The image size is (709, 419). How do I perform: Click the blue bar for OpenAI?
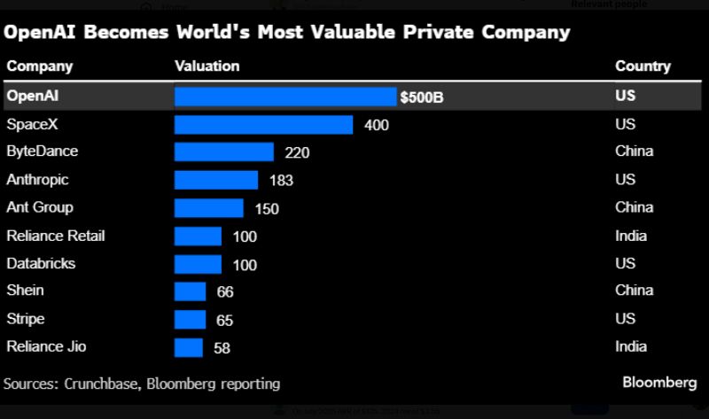point(285,97)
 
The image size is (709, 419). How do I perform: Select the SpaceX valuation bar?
point(263,125)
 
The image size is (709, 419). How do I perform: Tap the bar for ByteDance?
point(223,152)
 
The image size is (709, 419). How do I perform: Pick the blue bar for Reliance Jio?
point(188,347)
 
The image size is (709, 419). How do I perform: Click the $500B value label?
point(422,97)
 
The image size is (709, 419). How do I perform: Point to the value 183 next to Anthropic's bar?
point(281,181)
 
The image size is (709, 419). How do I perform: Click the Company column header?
point(39,66)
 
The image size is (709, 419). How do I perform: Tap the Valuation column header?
point(207,66)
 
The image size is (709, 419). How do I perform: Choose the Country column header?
point(643,66)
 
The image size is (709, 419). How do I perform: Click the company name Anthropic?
point(37,180)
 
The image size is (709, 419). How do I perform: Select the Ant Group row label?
point(40,207)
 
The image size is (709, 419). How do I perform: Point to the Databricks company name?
point(41,263)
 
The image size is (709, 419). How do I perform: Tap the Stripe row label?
point(25,319)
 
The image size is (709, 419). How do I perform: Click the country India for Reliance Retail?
point(631,236)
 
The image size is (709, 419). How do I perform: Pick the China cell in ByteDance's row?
point(634,151)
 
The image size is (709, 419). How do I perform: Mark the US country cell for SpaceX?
point(625,124)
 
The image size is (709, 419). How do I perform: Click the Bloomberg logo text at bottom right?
point(659,383)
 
